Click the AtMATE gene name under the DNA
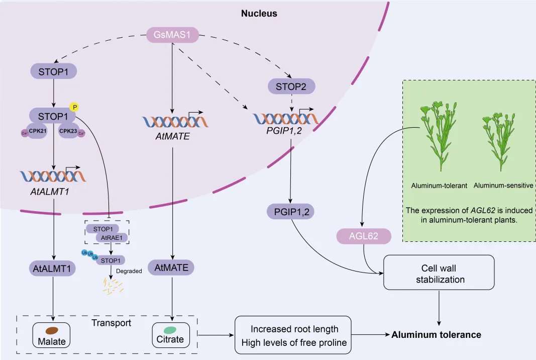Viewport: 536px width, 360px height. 172,136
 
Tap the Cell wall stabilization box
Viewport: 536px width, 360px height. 440,273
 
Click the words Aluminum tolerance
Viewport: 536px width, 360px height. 436,334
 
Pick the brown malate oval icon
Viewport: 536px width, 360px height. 52,331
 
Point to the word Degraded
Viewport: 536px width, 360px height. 129,271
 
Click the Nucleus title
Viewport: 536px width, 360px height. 259,14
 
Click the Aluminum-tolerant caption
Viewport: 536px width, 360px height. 439,186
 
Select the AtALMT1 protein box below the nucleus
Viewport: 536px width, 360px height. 52,269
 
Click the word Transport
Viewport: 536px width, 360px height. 111,323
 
